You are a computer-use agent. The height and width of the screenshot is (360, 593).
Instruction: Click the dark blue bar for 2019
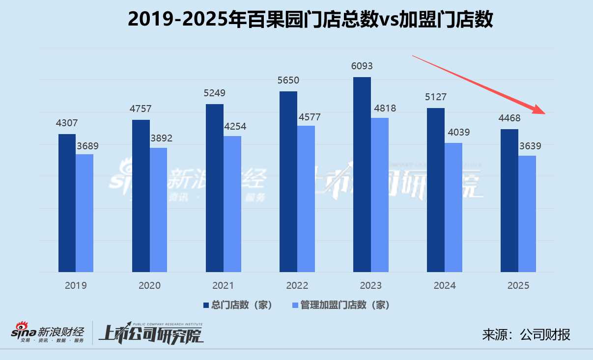pos(67,203)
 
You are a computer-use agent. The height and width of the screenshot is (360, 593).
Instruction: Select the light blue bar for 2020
pos(158,210)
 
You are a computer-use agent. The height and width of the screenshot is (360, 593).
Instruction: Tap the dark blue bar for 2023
pos(362,174)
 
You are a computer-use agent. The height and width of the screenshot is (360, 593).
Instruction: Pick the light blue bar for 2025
pos(527,214)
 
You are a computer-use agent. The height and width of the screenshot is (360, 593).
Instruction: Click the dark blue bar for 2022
pos(288,182)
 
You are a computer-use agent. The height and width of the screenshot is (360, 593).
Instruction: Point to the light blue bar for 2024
pos(453,207)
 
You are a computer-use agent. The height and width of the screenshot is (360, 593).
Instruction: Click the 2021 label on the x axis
pos(223,285)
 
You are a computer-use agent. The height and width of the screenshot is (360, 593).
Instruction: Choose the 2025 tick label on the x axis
pos(518,285)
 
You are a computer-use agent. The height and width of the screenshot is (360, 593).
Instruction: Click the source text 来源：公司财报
pos(526,335)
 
